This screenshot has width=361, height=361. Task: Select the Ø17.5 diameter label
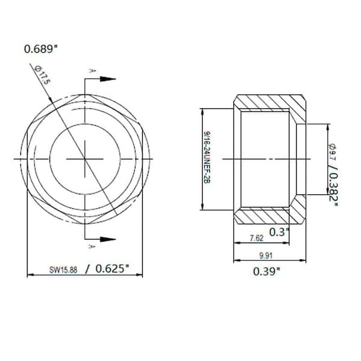[x=42, y=78]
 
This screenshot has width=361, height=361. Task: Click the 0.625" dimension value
[x=112, y=269]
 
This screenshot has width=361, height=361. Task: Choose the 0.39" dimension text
[x=266, y=271]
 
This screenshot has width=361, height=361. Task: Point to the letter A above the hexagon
[x=91, y=71]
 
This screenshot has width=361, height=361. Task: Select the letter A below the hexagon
[x=91, y=247]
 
